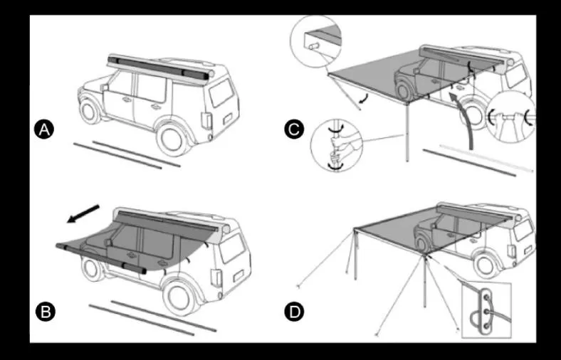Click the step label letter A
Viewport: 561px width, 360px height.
tap(44, 129)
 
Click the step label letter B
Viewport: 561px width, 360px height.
tap(44, 311)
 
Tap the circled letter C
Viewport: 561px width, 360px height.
tap(293, 129)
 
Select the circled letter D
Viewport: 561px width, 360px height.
tap(293, 311)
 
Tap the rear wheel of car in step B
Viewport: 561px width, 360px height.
tap(183, 300)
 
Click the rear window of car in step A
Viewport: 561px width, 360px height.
tap(221, 93)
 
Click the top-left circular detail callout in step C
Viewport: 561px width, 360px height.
tap(315, 39)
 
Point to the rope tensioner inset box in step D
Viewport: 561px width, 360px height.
tap(486, 309)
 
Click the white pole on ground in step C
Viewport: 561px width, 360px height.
tap(487, 157)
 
